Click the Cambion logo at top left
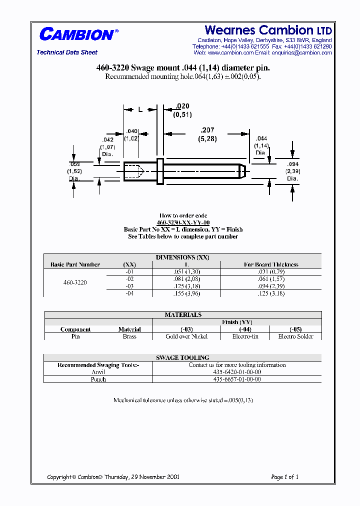coord(78,34)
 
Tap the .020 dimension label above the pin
coord(182,106)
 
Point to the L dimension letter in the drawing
coord(140,109)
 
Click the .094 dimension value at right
coord(292,164)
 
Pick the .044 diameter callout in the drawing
coord(261,138)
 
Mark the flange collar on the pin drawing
coord(160,171)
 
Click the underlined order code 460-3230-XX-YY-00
coord(183,222)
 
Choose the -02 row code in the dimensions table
coord(129,279)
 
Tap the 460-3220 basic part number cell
coord(75,282)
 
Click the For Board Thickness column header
coord(271,264)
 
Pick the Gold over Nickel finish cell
coord(186,336)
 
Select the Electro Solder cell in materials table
coord(295,336)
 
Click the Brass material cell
coord(129,336)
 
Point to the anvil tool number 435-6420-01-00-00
coord(237,372)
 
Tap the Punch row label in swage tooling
coord(98,379)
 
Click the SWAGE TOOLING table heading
coord(182,358)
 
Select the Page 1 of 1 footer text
coord(284,477)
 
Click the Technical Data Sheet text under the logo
coord(67,52)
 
